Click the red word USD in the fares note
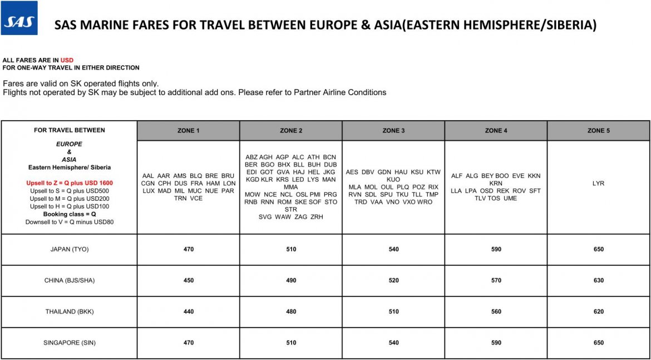67,60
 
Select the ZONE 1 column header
188,131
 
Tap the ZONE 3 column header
393,131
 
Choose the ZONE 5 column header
598,131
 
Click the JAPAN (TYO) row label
70,249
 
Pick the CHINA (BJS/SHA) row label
70,280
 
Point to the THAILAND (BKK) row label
70,312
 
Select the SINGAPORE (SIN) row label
70,343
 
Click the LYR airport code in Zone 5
598,183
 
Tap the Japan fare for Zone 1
189,249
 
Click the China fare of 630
598,280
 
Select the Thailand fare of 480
291,312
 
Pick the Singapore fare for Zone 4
496,343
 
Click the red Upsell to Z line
70,183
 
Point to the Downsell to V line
70,222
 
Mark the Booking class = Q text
70,214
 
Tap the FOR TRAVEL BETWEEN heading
70,130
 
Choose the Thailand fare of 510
393,312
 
